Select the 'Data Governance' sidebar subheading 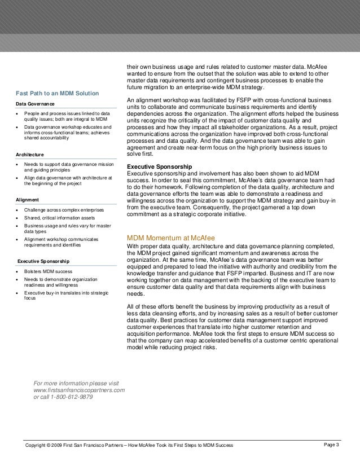coord(36,104)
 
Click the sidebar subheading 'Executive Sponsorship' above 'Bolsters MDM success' coord(44,262)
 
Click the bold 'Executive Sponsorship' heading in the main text coord(160,167)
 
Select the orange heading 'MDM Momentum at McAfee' coord(170,237)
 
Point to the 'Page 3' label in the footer coord(332,446)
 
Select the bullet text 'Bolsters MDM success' coord(49,272)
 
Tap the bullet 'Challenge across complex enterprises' coord(63,209)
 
